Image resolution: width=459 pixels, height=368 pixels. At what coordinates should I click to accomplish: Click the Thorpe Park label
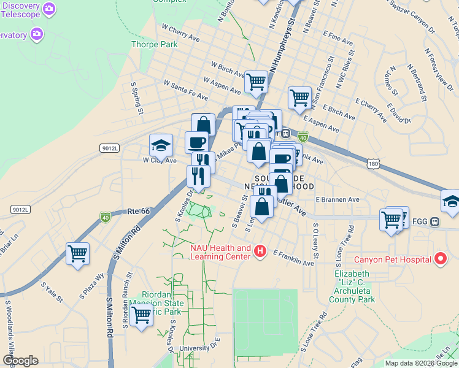point(155,44)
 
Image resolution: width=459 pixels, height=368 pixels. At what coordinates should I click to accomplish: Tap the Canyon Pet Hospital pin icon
point(440,260)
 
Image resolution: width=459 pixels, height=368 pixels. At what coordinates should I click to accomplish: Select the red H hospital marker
point(260,251)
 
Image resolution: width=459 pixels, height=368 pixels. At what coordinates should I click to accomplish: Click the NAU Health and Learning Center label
point(212,252)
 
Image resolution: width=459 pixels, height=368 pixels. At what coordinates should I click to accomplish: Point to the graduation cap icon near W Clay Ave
point(160,146)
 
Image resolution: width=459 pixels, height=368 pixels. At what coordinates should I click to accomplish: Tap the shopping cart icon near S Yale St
point(78,254)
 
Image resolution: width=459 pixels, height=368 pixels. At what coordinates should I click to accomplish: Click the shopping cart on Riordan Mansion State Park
point(142,316)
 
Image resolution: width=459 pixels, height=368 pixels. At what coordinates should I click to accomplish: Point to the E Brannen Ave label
point(337,199)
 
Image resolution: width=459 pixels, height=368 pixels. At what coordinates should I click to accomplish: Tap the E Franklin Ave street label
point(293,258)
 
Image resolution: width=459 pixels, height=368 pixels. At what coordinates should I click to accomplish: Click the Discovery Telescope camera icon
point(50,9)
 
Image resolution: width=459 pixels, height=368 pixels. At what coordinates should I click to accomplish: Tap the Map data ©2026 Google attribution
point(421,363)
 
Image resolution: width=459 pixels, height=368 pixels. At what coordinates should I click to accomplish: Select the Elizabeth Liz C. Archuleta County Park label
point(352,286)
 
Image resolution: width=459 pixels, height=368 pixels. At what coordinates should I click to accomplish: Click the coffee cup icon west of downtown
point(196,142)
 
